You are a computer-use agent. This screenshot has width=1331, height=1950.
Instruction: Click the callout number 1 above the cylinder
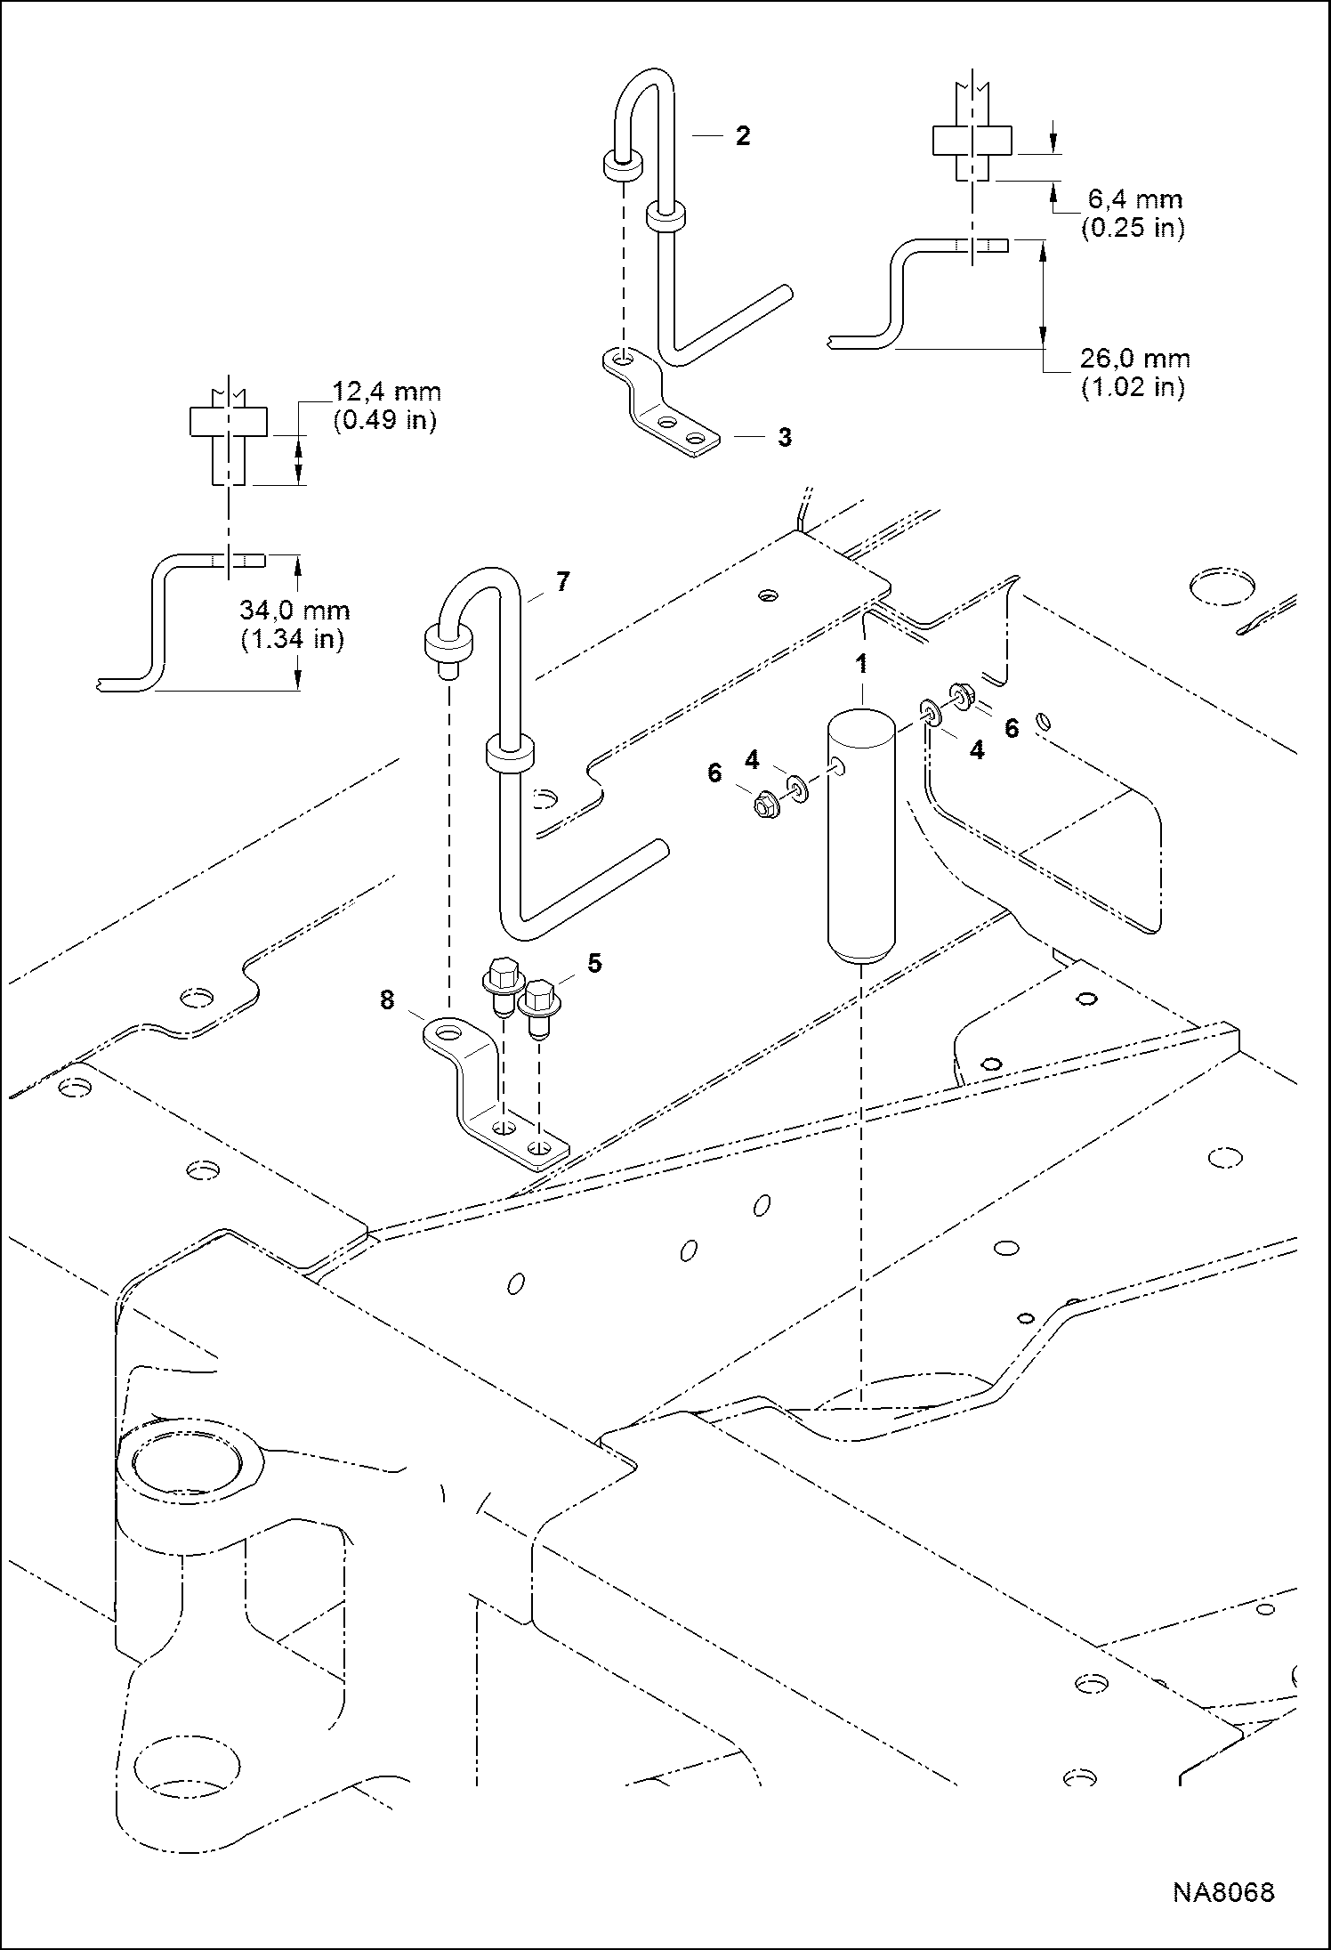(x=860, y=665)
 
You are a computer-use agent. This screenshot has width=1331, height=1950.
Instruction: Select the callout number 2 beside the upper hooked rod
(x=742, y=136)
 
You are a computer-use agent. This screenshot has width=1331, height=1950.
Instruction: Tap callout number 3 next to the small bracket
(x=784, y=438)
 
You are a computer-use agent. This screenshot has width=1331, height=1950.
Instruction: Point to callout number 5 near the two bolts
(x=594, y=963)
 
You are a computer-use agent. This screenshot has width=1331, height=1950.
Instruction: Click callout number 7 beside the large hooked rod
(x=561, y=582)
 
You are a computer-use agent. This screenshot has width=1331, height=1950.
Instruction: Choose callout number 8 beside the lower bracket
(x=386, y=999)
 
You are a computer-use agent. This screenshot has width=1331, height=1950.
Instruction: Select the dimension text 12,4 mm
(x=387, y=392)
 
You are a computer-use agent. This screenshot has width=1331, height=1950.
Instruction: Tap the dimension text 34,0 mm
(x=294, y=611)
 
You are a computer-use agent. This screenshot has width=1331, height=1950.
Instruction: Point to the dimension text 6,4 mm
(x=1134, y=199)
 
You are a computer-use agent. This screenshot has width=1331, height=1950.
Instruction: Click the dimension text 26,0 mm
(x=1134, y=359)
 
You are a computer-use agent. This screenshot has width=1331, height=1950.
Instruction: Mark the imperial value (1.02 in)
(x=1133, y=388)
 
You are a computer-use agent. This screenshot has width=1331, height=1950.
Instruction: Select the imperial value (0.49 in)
(x=384, y=420)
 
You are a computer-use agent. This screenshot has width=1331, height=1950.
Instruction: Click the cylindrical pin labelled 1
(x=861, y=837)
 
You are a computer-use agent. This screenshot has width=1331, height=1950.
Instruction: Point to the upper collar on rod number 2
(x=623, y=164)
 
